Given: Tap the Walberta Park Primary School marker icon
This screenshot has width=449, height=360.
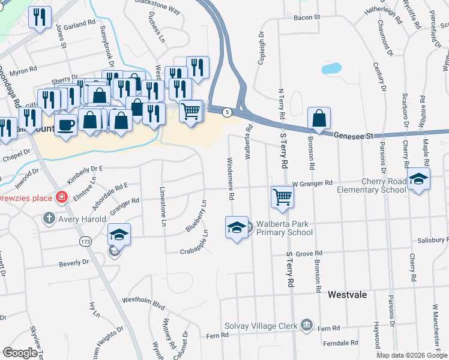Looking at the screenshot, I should coord(237,227).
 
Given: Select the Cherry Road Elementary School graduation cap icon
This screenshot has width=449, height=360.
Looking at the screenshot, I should coord(418,179).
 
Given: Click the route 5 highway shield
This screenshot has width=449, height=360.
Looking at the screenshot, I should coord(227,112).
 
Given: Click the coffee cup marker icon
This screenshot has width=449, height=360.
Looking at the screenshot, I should coord(66,125).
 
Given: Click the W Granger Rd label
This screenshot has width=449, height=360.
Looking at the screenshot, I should coord(312,182).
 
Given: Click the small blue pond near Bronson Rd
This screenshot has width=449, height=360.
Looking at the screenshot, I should coord(331,68).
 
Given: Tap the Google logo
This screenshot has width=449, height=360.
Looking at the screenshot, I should coord(20,353).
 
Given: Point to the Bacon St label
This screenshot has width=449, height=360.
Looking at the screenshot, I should coord(307,18).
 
